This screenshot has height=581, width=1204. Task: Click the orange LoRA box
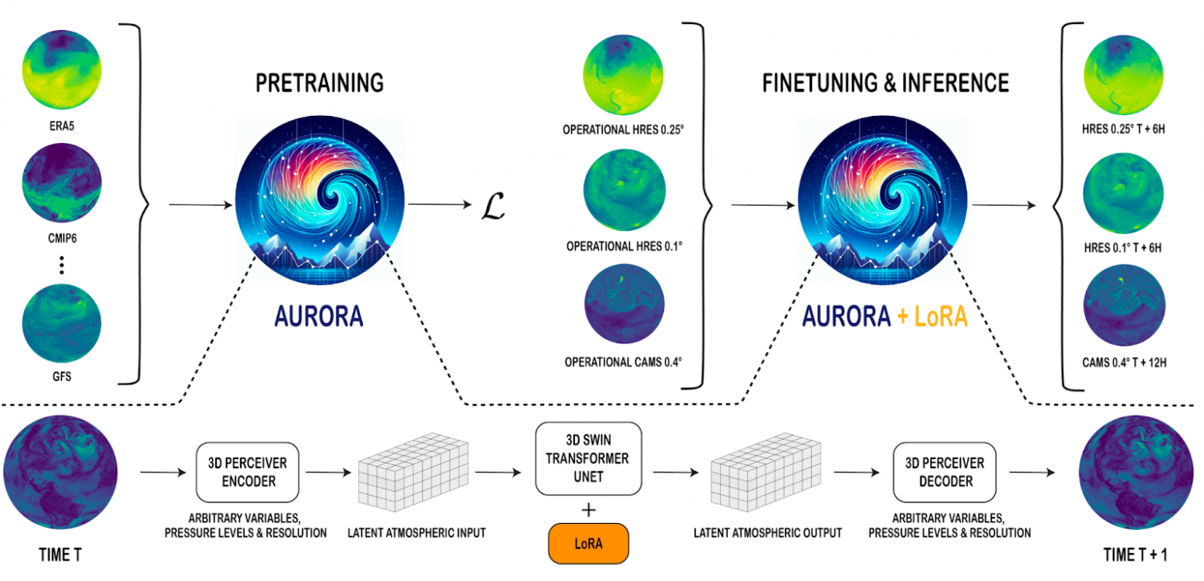tap(589, 544)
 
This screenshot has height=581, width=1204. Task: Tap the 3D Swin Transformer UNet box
tap(589, 458)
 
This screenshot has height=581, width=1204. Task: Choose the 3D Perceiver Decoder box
tap(939, 471)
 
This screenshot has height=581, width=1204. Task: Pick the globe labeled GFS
tap(62, 324)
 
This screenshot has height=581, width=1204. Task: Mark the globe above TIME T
tap(59, 471)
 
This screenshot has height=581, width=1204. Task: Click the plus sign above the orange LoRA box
tap(589, 507)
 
